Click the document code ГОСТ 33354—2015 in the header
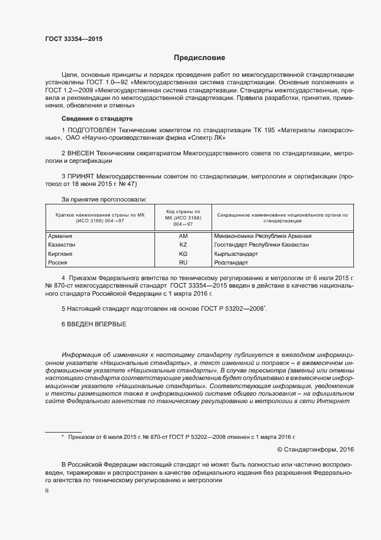coord(73,39)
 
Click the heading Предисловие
coord(199,58)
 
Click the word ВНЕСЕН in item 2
coord(82,153)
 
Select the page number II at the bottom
coord(47,491)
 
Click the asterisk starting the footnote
coord(62,437)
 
